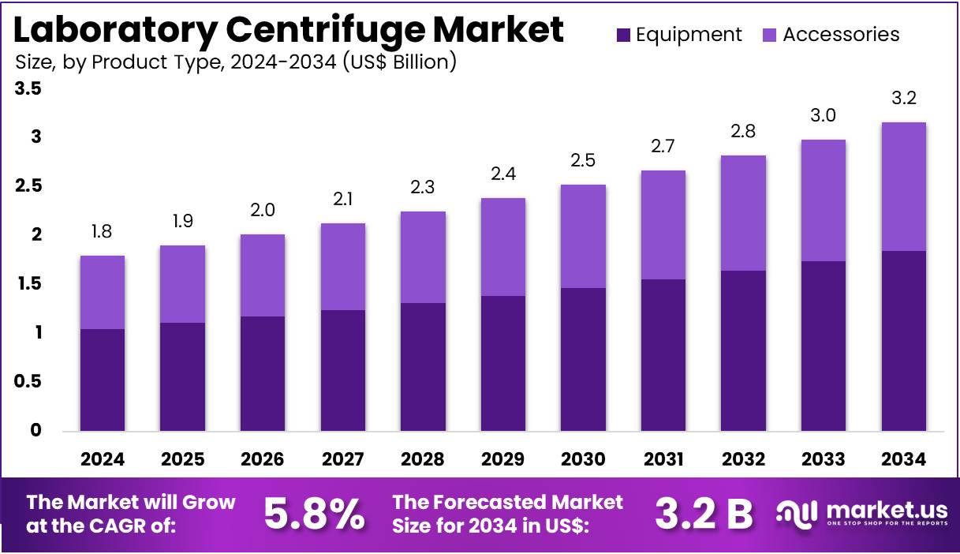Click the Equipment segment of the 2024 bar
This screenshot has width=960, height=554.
click(103, 380)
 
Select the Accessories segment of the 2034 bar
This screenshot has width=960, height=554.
click(903, 186)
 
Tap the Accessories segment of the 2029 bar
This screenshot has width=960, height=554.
click(502, 247)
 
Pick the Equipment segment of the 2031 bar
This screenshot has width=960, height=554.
click(663, 355)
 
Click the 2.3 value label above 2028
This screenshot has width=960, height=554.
click(423, 188)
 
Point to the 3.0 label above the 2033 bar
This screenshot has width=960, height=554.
click(823, 116)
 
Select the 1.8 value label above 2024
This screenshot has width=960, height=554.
click(103, 232)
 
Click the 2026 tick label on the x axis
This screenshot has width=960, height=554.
click(263, 459)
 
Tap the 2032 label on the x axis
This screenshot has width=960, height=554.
click(743, 459)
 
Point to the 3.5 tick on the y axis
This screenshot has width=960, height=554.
click(28, 89)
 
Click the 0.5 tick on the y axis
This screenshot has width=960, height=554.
click(28, 381)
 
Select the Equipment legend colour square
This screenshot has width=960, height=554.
click(623, 35)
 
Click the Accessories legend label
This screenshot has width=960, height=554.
click(841, 35)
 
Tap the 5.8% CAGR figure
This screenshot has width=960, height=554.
click(314, 514)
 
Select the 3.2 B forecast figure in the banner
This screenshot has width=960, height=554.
click(704, 514)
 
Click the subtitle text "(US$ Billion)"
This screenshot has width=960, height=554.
click(398, 62)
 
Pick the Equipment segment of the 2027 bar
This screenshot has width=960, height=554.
click(343, 370)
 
